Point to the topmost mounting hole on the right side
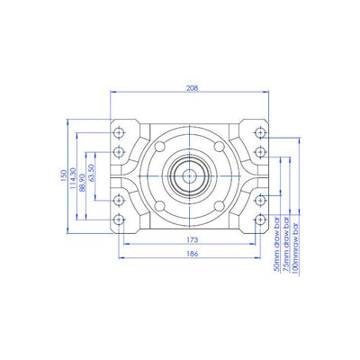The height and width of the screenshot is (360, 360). (x=260, y=131)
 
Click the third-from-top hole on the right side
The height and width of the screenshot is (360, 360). (x=260, y=200)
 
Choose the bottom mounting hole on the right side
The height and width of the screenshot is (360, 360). (x=260, y=220)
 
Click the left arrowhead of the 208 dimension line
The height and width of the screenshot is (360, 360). (x=112, y=94)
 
